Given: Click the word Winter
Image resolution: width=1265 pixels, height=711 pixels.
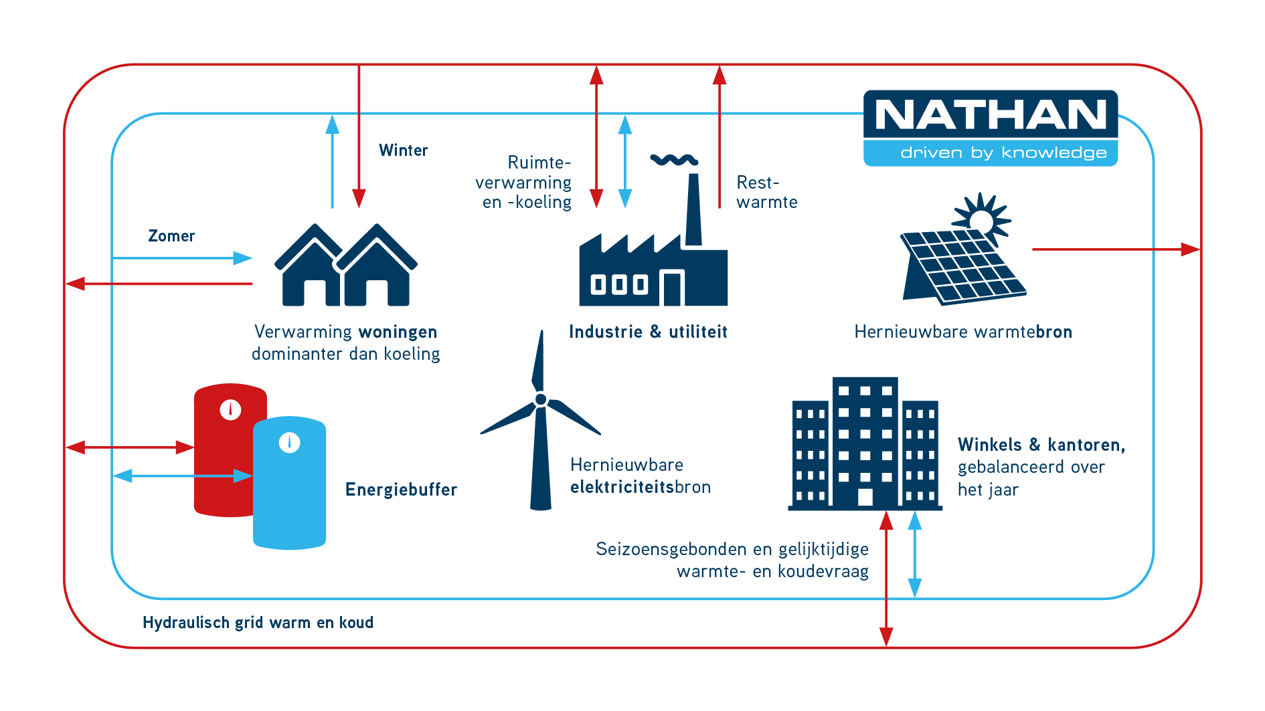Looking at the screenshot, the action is click(x=403, y=150).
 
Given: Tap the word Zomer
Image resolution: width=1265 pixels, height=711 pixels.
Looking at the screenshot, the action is click(x=171, y=236).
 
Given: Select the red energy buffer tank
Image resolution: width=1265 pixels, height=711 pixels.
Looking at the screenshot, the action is click(x=224, y=449).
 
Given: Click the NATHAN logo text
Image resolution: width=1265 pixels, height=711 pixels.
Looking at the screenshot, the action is click(x=991, y=115).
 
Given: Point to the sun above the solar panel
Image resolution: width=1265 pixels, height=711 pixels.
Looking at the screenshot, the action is click(x=981, y=218).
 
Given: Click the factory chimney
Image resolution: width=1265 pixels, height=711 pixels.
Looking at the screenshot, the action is click(x=694, y=209).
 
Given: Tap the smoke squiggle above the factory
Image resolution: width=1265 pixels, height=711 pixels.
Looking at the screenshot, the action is click(x=674, y=159).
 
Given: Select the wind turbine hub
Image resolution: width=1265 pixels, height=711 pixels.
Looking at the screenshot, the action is click(x=541, y=399).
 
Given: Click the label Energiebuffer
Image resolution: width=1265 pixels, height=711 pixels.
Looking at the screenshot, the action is click(x=401, y=490).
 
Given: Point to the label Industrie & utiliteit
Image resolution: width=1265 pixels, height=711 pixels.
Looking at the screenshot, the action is click(x=648, y=332).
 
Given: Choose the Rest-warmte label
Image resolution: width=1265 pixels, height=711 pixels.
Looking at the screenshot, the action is click(x=767, y=192).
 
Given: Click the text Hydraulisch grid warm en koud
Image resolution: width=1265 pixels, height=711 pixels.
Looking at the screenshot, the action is click(x=258, y=623).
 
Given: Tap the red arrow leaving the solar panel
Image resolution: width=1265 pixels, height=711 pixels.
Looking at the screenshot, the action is click(x=1116, y=249).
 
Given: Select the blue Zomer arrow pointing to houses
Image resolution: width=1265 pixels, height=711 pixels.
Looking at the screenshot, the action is click(x=183, y=258).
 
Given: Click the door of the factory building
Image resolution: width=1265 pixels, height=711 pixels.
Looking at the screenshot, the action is click(x=673, y=289).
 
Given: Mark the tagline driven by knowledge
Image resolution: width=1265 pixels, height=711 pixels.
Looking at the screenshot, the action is click(x=1003, y=153).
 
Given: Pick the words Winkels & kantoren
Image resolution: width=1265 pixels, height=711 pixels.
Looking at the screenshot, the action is click(x=1041, y=445).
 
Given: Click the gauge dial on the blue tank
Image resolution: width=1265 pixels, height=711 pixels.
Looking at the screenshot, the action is click(x=289, y=443).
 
